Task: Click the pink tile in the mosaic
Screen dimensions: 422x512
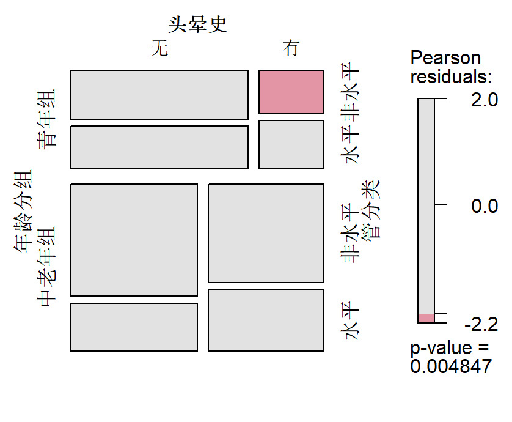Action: [x=291, y=92]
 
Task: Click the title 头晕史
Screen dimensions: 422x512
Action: [x=197, y=24]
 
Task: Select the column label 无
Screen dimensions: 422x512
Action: [x=159, y=49]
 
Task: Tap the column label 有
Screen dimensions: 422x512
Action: [x=291, y=48]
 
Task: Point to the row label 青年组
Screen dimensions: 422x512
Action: [x=46, y=119]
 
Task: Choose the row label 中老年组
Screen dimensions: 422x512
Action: [x=46, y=267]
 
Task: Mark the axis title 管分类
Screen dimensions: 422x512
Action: [x=371, y=209]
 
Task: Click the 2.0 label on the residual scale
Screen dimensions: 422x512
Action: [x=485, y=100]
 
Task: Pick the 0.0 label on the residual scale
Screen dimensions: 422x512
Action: [x=485, y=206]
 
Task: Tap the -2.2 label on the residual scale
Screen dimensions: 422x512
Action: [x=481, y=322]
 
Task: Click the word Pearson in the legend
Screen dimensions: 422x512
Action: [x=445, y=58]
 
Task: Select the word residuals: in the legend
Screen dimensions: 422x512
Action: [x=451, y=77]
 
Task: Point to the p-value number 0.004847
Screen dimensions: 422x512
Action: [x=451, y=366]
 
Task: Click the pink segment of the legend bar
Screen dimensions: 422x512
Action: [x=426, y=317]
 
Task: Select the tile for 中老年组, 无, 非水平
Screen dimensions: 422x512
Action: [x=134, y=240]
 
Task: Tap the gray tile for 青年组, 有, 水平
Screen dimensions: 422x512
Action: [x=291, y=144]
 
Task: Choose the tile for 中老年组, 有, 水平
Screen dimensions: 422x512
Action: [x=266, y=320]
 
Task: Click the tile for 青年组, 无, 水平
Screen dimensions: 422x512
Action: [x=159, y=147]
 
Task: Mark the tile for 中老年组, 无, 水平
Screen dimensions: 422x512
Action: [x=134, y=327]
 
